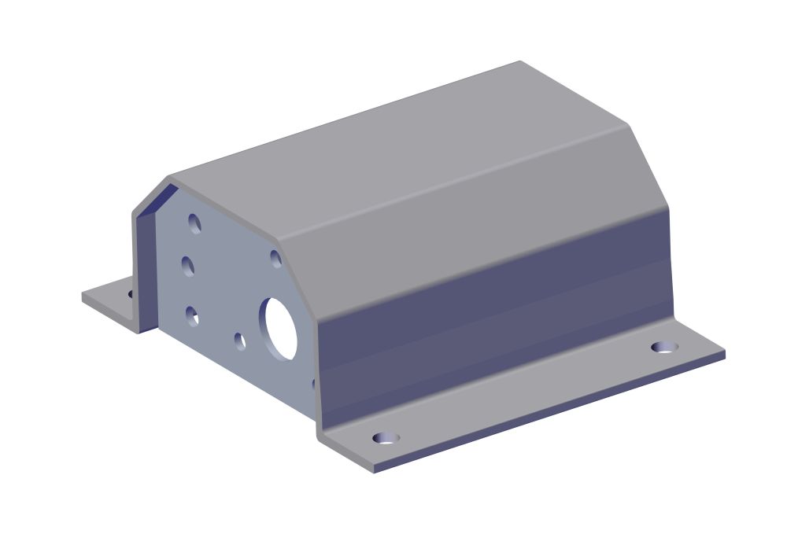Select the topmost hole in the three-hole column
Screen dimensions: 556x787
pos(194,223)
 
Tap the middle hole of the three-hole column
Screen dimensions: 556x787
pos(188,266)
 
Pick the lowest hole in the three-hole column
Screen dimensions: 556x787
pos(192,315)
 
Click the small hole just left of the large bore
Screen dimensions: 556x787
pos(240,341)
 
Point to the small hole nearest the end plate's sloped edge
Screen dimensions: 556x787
pos(276,258)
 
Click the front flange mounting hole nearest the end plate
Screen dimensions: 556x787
pos(386,437)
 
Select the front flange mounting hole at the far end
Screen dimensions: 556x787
pos(665,347)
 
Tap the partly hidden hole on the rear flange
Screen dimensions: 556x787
pos(131,294)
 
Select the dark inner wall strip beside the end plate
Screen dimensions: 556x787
pos(145,267)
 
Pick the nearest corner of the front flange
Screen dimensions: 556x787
pos(372,470)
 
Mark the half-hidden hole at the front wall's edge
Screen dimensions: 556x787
pos(313,384)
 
